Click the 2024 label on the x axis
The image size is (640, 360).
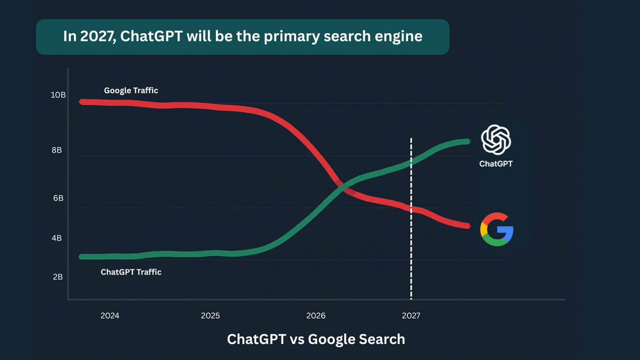click(110, 316)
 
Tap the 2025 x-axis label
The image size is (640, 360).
click(210, 316)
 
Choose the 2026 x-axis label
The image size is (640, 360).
click(316, 316)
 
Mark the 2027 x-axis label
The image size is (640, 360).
click(411, 316)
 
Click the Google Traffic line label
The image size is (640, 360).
click(131, 91)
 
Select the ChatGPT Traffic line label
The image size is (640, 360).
click(131, 272)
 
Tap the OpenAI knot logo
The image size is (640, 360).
click(496, 139)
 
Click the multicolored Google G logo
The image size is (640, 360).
click(497, 229)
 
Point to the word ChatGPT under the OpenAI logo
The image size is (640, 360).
click(496, 164)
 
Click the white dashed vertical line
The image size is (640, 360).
click(411, 256)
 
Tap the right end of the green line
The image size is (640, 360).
click(467, 141)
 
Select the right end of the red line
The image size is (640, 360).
click(467, 226)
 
